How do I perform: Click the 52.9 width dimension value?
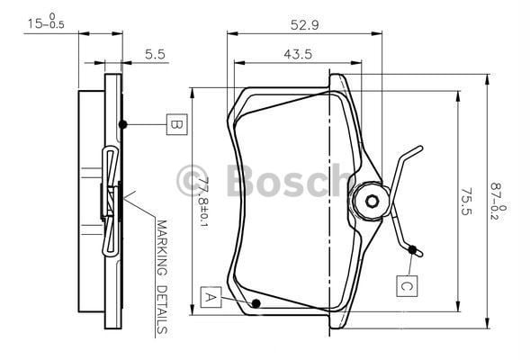tap(304, 25)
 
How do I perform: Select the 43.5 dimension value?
tap(298, 54)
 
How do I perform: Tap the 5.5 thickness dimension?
tap(155, 54)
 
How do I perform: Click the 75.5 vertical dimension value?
tap(467, 202)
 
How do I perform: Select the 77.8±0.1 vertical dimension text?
tap(202, 202)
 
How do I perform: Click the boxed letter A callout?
tap(211, 297)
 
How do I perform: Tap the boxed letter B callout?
tap(176, 124)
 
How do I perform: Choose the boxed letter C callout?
tap(407, 286)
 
